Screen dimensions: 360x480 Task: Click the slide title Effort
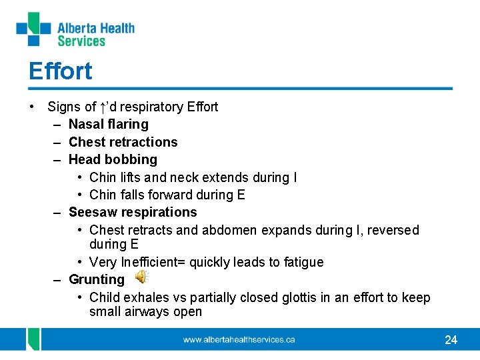coord(60,71)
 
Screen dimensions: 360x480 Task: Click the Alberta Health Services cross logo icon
coord(33,29)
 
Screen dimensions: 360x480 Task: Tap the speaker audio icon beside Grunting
coord(142,278)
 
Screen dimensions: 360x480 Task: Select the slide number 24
coord(451,340)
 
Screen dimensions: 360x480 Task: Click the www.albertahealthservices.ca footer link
coord(239,340)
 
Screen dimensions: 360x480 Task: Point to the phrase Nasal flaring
coord(109,124)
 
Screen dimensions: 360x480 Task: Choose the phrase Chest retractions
coord(123,142)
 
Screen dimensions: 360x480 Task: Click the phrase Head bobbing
coord(113,159)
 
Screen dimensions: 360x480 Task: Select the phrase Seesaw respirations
coord(133,212)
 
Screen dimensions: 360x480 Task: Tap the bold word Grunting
coord(97,279)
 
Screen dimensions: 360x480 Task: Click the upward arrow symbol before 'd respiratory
coord(103,107)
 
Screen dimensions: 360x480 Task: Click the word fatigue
coord(301,262)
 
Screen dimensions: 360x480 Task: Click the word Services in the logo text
coord(81,41)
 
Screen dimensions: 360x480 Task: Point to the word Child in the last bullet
coord(104,297)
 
